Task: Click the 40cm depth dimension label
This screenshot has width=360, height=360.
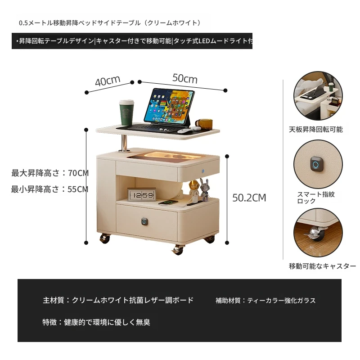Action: pos(108,81)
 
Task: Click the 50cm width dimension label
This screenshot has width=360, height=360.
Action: pos(185,78)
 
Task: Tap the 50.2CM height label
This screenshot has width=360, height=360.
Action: pos(249,198)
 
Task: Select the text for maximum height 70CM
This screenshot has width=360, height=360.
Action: pos(50,173)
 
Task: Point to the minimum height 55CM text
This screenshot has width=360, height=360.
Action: pos(50,189)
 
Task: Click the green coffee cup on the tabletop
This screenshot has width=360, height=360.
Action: pos(126,112)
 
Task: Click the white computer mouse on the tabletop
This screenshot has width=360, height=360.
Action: pos(184,131)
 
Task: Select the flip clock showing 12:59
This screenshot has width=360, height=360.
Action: pos(142,195)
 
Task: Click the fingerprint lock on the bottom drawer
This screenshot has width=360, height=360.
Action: pos(144,221)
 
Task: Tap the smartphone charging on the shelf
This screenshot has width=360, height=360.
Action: pos(168,202)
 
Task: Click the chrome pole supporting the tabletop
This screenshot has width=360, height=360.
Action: pos(124,143)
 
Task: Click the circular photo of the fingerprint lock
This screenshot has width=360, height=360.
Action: pos(318,164)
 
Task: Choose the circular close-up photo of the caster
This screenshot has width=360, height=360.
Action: pos(318,232)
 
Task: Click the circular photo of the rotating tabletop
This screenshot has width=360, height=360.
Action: pos(318,95)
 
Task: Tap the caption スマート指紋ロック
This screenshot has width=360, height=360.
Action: pos(316,198)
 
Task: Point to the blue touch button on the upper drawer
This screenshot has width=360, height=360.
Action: pos(203,171)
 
